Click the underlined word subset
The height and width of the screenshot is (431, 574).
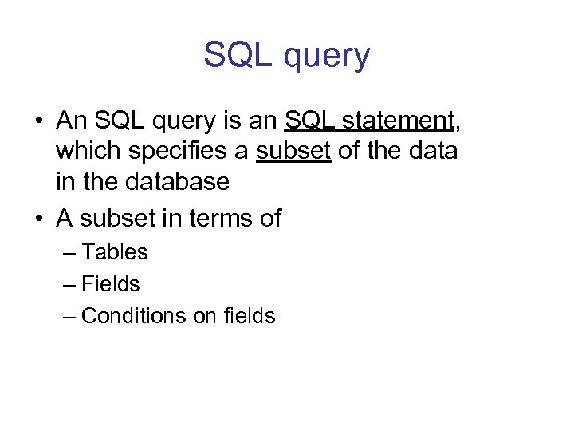point(293,151)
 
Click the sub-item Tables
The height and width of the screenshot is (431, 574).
point(115,252)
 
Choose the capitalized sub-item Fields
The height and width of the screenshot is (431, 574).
point(111,284)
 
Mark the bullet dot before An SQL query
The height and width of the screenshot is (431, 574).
point(38,121)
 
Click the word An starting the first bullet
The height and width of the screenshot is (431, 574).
point(71,121)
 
